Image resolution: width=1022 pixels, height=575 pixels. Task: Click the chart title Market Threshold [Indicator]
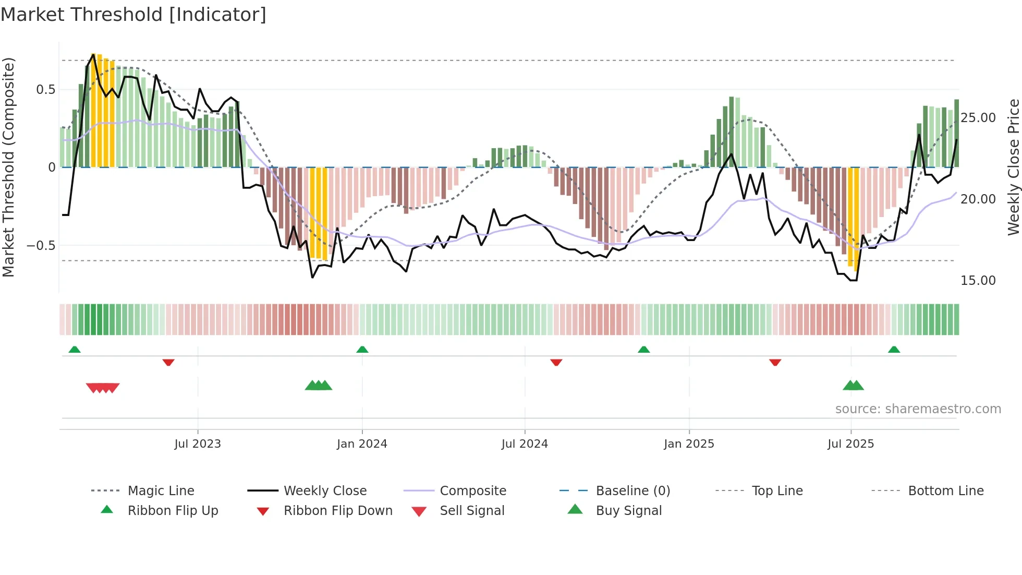[133, 15]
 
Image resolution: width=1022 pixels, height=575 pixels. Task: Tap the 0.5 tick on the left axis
[45, 89]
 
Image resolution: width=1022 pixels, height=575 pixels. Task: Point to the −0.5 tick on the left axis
[41, 245]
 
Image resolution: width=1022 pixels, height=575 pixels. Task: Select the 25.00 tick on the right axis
[978, 118]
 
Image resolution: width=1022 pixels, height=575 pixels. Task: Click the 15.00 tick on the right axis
[978, 281]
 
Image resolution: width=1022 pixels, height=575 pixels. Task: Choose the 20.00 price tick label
[978, 199]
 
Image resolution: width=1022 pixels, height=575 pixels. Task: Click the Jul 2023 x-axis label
[198, 444]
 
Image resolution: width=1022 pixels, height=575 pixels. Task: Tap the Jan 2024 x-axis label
[362, 444]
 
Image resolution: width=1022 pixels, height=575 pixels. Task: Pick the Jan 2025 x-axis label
[689, 444]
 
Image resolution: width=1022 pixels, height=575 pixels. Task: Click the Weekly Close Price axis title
[1013, 167]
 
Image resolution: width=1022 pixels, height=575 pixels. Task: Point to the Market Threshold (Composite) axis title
[8, 167]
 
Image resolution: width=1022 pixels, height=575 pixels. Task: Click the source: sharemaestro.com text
[918, 409]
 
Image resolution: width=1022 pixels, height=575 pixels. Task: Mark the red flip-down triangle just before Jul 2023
[168, 362]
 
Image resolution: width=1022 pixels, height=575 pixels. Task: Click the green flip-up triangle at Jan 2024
[362, 350]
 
